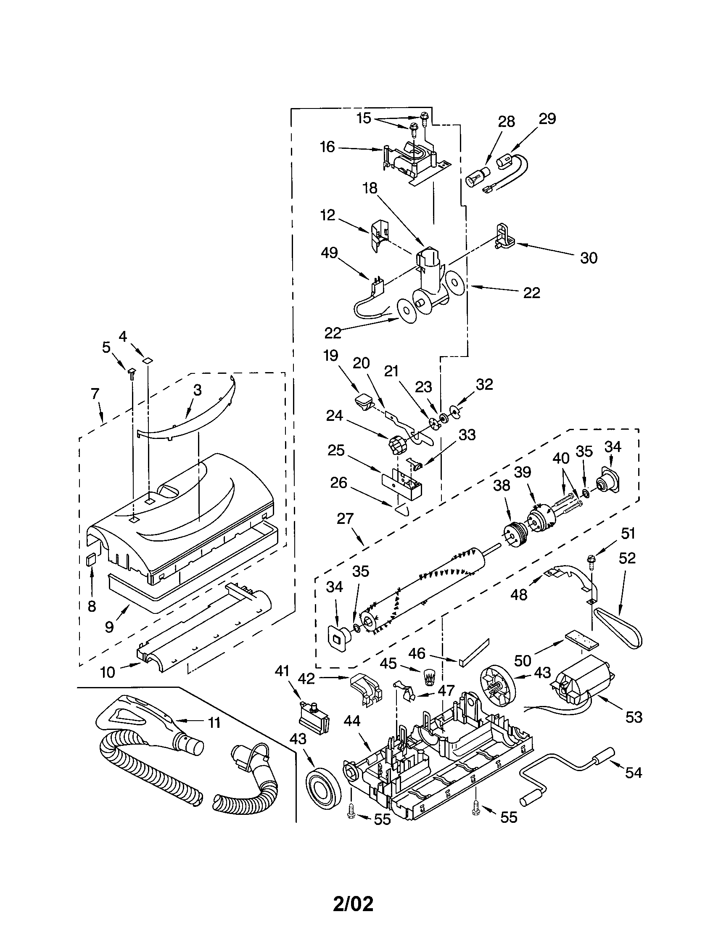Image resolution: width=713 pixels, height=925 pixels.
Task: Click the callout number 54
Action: point(634,772)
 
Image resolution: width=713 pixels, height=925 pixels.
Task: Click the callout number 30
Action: point(588,257)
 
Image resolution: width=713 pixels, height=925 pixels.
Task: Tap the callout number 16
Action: point(327,147)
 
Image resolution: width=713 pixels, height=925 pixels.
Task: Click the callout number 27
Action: point(345,518)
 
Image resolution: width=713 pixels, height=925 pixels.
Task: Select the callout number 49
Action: point(329,253)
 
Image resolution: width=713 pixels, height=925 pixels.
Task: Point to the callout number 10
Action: point(108,672)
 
